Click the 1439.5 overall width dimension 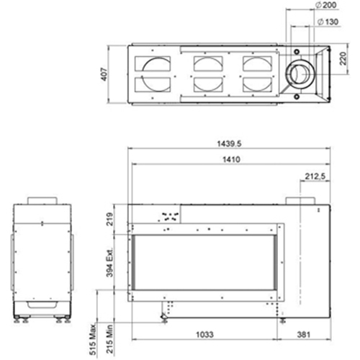pos(229,144)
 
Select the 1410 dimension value pos(231,159)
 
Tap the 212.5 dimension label pos(315,176)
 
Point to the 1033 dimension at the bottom pos(204,334)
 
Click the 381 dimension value pos(304,334)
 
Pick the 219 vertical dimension pos(109,219)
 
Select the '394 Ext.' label pos(109,263)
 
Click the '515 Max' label pos(93,339)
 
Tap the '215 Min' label pos(109,339)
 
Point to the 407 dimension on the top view pos(104,74)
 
